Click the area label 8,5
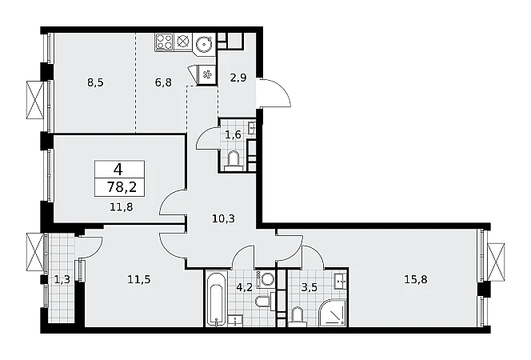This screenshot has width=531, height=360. point(95,82)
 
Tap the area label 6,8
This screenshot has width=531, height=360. point(163,82)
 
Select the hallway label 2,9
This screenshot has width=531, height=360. point(238,78)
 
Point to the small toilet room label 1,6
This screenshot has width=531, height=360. point(233,134)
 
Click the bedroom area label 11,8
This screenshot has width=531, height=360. point(122,206)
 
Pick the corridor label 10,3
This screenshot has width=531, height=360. point(223,218)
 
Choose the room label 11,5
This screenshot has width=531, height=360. point(139,280)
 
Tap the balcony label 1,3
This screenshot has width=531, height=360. point(62,280)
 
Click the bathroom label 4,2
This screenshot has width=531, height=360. point(244,287)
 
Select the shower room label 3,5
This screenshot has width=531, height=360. point(309,287)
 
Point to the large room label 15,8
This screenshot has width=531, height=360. point(416,280)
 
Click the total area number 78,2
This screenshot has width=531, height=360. point(122,186)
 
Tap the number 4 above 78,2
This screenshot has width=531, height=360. point(118,169)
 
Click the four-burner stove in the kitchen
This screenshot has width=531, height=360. point(164,42)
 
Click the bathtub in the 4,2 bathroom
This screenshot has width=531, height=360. point(216,298)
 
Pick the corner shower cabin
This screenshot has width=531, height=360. point(333,313)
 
